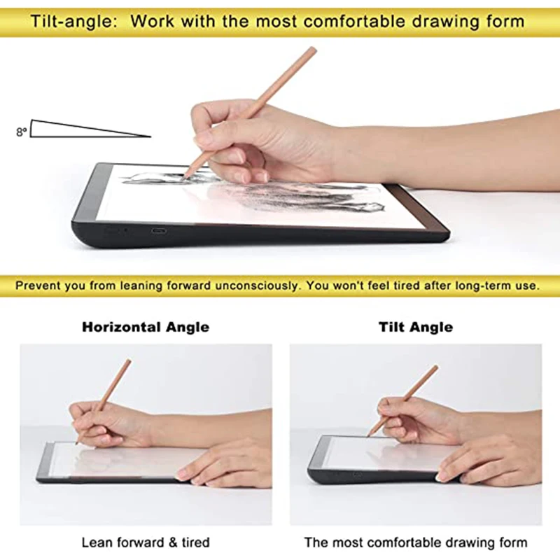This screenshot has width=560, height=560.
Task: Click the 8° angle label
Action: pos(21,132)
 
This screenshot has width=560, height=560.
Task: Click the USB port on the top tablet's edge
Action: pos(158,231)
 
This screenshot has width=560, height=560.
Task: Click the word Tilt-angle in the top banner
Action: pos(74,22)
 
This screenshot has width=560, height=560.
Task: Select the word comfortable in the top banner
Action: pos(354,22)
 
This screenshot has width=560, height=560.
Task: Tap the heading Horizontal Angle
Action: pos(146,327)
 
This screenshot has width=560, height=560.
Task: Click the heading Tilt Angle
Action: pos(416,327)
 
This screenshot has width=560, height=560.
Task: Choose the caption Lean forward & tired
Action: pos(146,542)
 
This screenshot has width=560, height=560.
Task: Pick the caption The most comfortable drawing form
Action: pos(416,542)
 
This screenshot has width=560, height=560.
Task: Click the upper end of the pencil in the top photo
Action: pos(313,50)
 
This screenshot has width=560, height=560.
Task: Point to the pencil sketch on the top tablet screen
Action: pos(253,192)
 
